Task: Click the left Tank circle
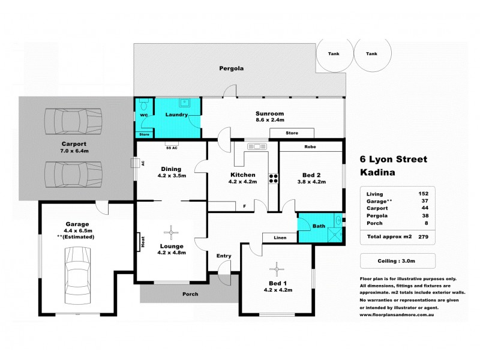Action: [x=333, y=54]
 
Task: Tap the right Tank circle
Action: [x=372, y=54]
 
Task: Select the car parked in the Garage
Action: [x=79, y=272]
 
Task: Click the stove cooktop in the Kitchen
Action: [x=273, y=178]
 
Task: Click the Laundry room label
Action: [x=178, y=115]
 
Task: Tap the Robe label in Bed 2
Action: [x=310, y=146]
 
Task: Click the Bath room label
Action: [x=319, y=226]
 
